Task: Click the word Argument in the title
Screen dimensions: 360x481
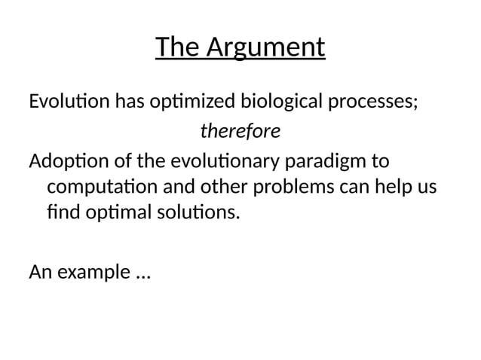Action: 265,48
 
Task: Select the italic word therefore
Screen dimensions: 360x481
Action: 240,132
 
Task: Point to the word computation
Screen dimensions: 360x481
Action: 97,187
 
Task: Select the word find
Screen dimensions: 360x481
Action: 60,212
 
